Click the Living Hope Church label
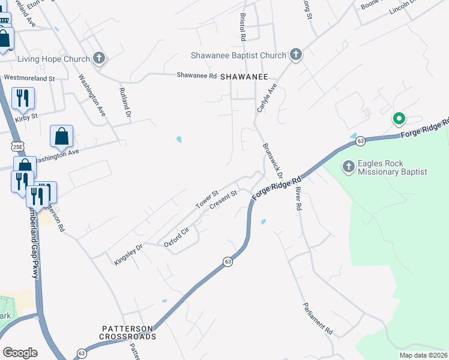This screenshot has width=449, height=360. [53, 59]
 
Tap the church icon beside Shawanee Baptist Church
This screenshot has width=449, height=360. [295, 55]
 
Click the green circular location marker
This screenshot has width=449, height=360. [397, 119]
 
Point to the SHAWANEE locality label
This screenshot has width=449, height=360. [244, 77]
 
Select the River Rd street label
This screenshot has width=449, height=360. [297, 198]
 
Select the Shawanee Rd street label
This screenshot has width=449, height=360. [196, 76]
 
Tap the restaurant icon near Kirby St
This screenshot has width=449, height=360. [23, 97]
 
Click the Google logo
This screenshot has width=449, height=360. [20, 353]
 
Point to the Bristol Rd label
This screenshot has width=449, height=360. [243, 28]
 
